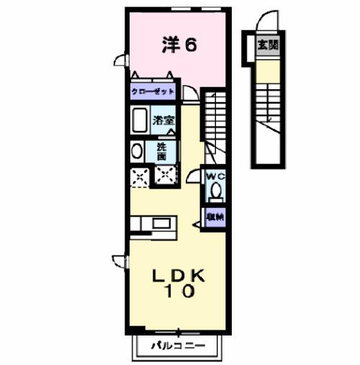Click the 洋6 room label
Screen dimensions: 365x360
pos(178,45)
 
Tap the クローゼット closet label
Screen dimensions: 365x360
pos(153,93)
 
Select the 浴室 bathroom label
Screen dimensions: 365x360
pos(163,120)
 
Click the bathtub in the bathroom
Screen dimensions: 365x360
pos(140,120)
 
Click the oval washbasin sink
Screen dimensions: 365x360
pos(137,152)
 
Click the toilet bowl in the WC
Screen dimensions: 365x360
pos(215,191)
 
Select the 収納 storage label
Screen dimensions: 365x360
pos(215,215)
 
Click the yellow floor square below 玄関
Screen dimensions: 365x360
pos(268,71)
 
